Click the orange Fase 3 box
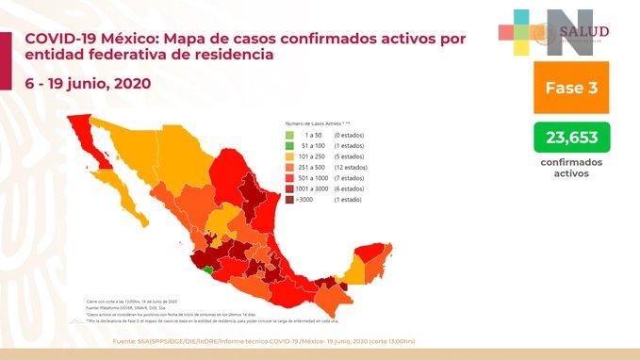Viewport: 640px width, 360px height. [x=571, y=88]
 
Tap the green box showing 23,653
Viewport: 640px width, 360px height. [x=571, y=139]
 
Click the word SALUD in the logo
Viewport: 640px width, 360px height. [x=584, y=32]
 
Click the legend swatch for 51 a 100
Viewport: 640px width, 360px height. [x=290, y=147]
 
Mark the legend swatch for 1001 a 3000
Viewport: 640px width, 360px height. [x=290, y=188]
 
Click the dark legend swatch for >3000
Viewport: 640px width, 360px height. [x=290, y=199]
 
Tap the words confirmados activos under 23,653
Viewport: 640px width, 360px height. [x=571, y=168]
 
